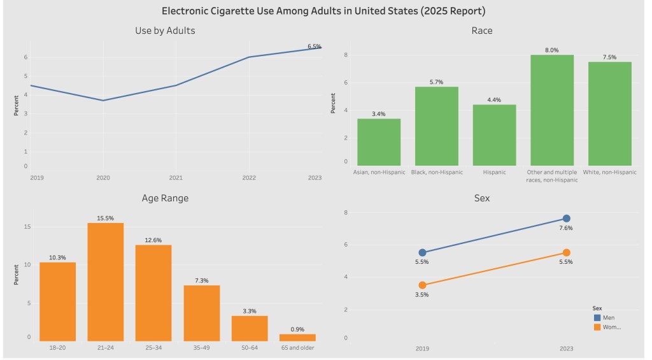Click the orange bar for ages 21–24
coord(105,282)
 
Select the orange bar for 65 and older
coord(297,337)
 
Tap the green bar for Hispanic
coord(494,135)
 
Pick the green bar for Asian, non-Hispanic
coord(379,142)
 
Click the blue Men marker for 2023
coord(567,219)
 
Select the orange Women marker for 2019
coord(422,285)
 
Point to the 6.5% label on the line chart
coord(314,47)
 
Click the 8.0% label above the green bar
coord(551,50)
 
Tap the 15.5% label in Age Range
coord(105,218)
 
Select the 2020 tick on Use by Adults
coord(103,178)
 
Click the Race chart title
coord(481,31)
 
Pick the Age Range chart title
coord(165,198)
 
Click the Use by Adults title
coord(165,31)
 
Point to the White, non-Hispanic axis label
coord(610,172)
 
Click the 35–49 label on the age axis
coord(201,347)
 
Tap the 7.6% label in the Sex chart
coord(566,228)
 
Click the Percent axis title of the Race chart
coord(333,103)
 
